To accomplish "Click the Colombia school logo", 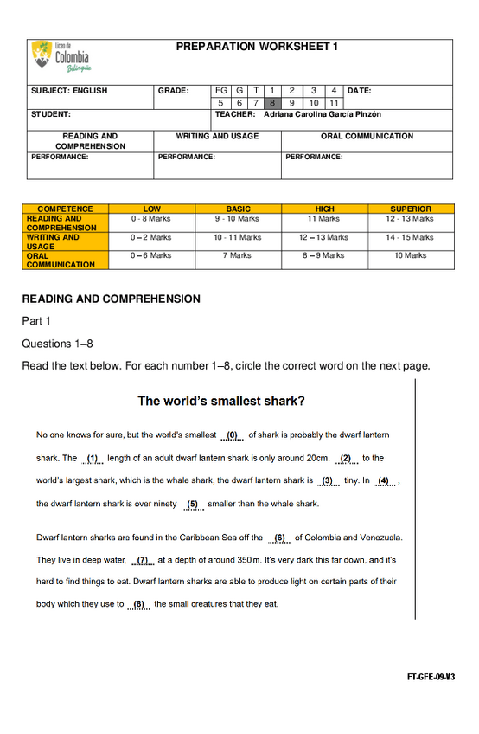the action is [61, 56].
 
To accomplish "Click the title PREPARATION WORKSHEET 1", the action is [257, 47].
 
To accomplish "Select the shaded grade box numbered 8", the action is [271, 103].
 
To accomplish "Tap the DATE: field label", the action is [360, 90].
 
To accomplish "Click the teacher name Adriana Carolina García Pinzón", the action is [323, 114].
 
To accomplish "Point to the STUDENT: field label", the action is [51, 114].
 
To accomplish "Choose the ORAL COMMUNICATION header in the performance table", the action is [367, 136].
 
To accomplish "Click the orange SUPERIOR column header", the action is [411, 209].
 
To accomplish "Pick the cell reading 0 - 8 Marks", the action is [151, 219].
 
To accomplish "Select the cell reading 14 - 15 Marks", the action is [411, 237].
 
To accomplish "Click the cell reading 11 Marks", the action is [324, 219].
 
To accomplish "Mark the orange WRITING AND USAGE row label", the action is [53, 241].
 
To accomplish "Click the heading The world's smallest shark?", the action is [221, 401].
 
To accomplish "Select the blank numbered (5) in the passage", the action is [192, 504].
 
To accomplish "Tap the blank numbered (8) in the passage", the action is [138, 604].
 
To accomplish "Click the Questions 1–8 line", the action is [58, 344].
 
